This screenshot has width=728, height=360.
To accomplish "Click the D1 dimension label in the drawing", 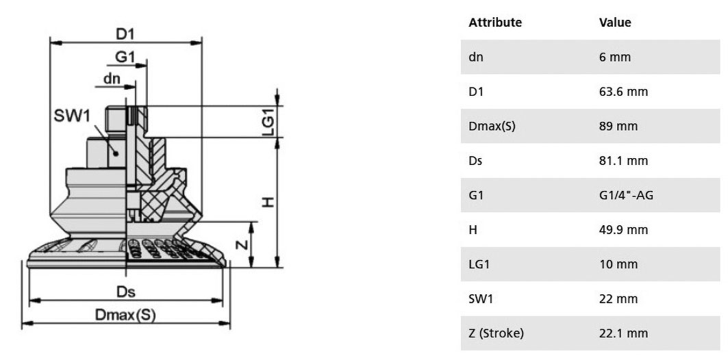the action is click(x=125, y=34).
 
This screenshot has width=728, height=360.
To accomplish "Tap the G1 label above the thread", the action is click(x=125, y=57).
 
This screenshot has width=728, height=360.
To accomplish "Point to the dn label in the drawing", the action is click(x=112, y=79).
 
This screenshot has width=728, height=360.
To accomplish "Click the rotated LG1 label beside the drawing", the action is click(x=268, y=122).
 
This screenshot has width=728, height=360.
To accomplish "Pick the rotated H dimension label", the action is click(x=268, y=203).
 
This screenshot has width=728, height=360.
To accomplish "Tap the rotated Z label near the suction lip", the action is click(x=242, y=245).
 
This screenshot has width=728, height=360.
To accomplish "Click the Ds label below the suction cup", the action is click(x=125, y=292).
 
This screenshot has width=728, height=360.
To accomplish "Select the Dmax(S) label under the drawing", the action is click(x=125, y=315).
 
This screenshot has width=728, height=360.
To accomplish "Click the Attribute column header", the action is click(x=495, y=23).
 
